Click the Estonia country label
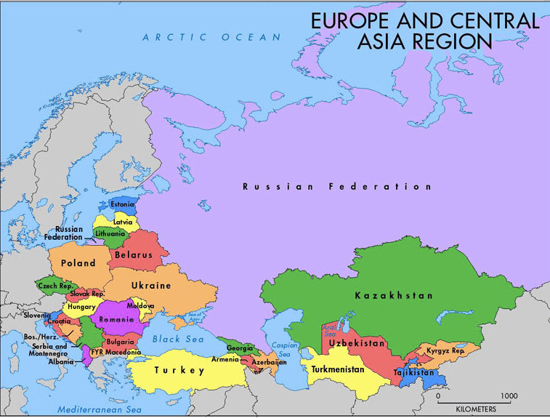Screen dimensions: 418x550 click(x=122, y=204)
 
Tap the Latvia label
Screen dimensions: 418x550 click(x=123, y=221)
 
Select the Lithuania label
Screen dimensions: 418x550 click(x=110, y=234)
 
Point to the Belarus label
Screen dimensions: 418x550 click(x=134, y=255)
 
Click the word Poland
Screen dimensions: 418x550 click(x=78, y=263)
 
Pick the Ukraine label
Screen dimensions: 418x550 click(x=151, y=286)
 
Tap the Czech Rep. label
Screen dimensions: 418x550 click(x=54, y=286)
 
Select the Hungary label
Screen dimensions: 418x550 click(x=81, y=307)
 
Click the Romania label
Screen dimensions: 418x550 click(x=117, y=319)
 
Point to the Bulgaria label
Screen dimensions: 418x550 click(x=120, y=341)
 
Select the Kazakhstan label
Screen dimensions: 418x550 click(x=394, y=296)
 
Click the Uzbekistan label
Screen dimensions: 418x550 click(x=356, y=342)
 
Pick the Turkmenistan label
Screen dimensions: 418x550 click(x=338, y=369)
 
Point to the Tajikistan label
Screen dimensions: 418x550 click(x=413, y=372)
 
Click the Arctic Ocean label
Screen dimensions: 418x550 click(x=211, y=37)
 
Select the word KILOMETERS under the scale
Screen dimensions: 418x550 click(x=476, y=409)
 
